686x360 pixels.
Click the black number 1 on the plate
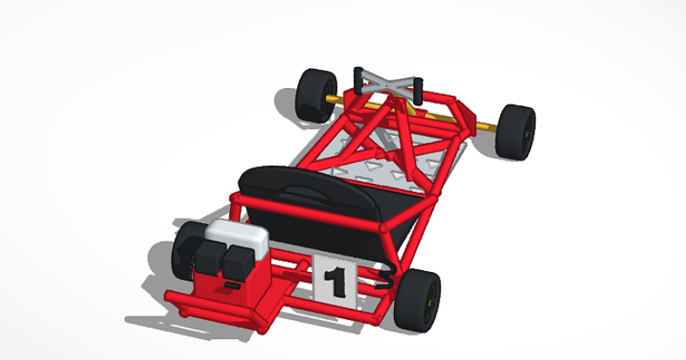pyautogui.click(x=332, y=282)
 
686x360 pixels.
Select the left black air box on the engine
pyautogui.click(x=208, y=257)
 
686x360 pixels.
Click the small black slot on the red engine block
pyautogui.click(x=232, y=284)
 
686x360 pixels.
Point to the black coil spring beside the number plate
pyautogui.click(x=385, y=279)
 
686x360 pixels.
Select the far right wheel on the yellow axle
pyautogui.click(x=518, y=132)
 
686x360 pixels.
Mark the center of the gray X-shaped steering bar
pyautogui.click(x=388, y=84)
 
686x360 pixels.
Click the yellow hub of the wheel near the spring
pyautogui.click(x=431, y=301)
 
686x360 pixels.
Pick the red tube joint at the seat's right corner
pyautogui.click(x=382, y=228)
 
